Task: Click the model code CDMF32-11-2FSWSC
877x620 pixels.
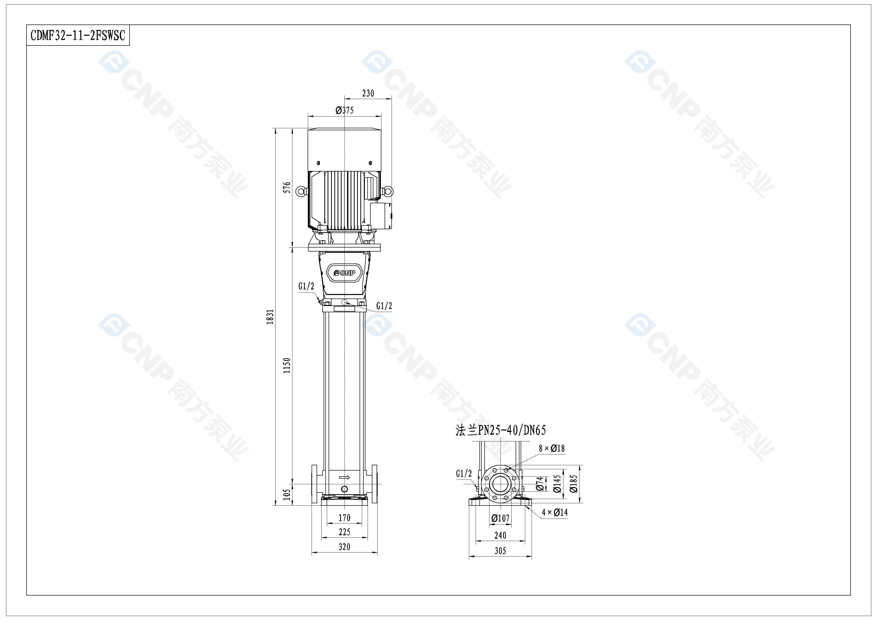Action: tap(78, 35)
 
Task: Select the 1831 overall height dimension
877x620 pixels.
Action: tap(270, 317)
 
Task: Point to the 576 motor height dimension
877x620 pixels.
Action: tap(287, 187)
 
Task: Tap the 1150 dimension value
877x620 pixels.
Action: tap(287, 365)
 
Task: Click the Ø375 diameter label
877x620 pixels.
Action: tap(345, 110)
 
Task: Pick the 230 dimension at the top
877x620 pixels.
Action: tap(368, 93)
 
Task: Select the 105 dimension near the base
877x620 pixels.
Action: tap(287, 494)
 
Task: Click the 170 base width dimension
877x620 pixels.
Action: tap(345, 518)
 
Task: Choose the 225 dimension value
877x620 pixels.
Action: tap(345, 532)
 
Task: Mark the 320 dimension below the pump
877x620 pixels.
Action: tap(345, 547)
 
